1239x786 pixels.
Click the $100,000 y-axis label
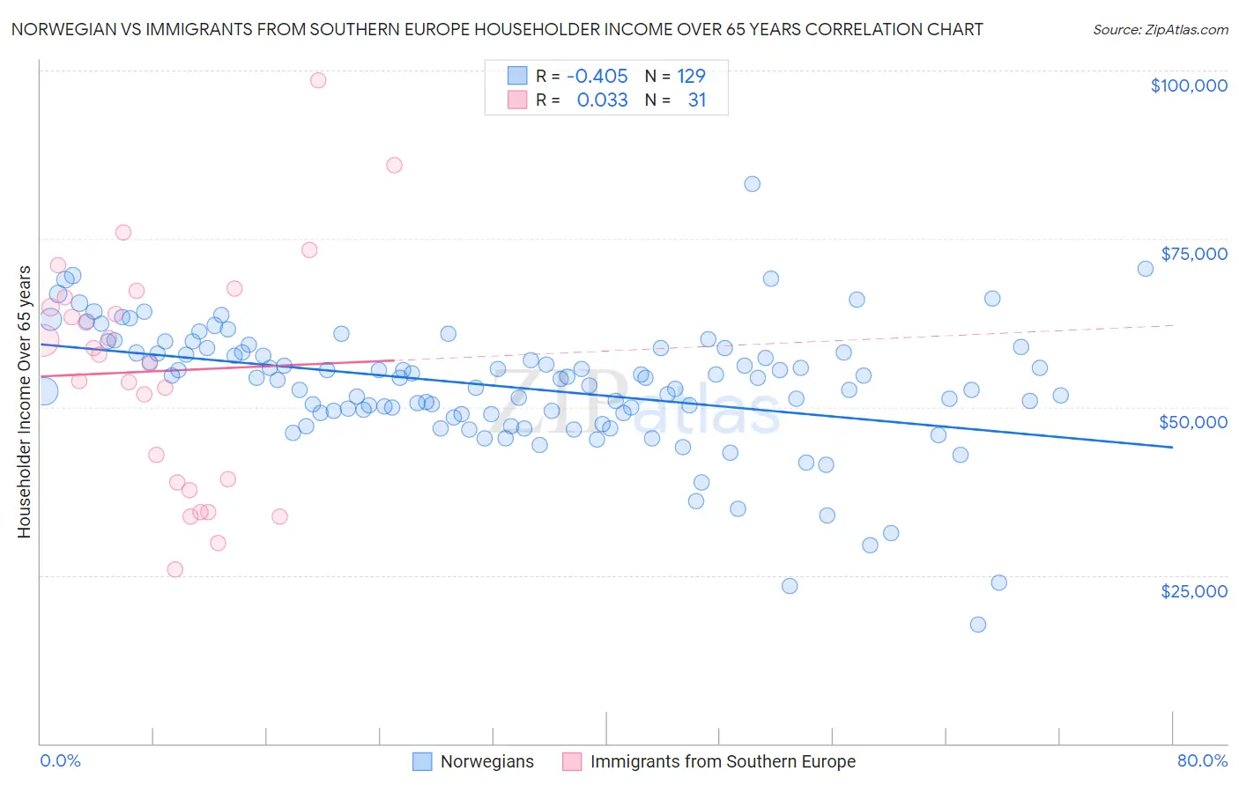pyautogui.click(x=1189, y=85)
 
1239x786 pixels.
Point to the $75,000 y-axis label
pyautogui.click(x=1193, y=254)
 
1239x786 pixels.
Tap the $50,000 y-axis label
pyautogui.click(x=1192, y=422)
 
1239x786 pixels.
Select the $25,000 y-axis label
pyautogui.click(x=1193, y=591)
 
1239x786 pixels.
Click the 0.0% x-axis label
pyautogui.click(x=60, y=760)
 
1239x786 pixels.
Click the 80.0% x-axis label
pyautogui.click(x=1202, y=760)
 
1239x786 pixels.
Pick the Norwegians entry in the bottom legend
pyautogui.click(x=486, y=761)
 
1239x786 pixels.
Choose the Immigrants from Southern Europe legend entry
pyautogui.click(x=723, y=761)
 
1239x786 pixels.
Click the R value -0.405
pyautogui.click(x=597, y=76)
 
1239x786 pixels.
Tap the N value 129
pyautogui.click(x=691, y=76)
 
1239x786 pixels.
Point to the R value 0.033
pyautogui.click(x=602, y=100)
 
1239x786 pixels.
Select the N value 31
pyautogui.click(x=697, y=100)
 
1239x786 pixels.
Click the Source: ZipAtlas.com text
pyautogui.click(x=1160, y=29)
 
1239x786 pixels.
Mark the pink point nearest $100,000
pyautogui.click(x=318, y=80)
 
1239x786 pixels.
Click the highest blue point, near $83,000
pyautogui.click(x=752, y=184)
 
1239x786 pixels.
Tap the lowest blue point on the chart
pyautogui.click(x=977, y=625)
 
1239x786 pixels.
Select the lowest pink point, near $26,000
pyautogui.click(x=174, y=570)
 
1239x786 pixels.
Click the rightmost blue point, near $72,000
pyautogui.click(x=1145, y=269)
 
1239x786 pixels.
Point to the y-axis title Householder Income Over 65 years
pyautogui.click(x=24, y=401)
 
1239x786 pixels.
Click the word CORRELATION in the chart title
pyautogui.click(x=852, y=29)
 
